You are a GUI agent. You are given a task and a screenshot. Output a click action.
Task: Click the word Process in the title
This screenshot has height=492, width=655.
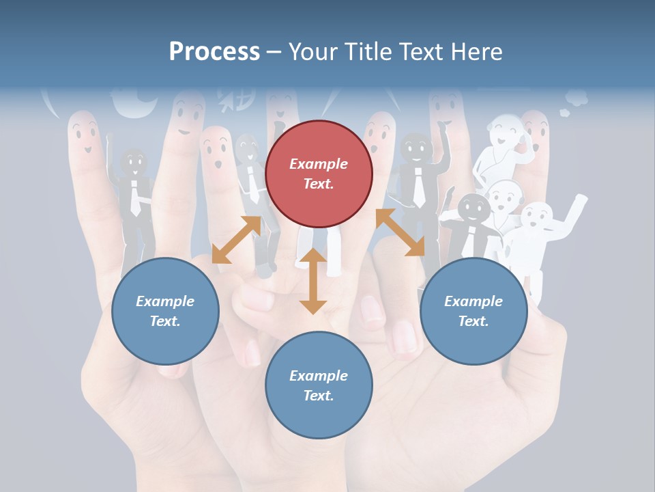(x=214, y=52)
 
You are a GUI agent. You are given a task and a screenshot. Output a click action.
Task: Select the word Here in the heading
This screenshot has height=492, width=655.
(x=476, y=52)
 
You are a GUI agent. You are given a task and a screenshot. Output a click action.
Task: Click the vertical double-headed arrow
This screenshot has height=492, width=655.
(x=313, y=281)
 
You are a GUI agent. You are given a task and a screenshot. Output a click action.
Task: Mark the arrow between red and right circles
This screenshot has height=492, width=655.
(x=400, y=232)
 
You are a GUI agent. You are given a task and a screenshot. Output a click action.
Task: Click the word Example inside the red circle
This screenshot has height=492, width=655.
(x=319, y=164)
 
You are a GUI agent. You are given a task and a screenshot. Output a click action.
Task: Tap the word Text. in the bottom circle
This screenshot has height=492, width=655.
(x=319, y=396)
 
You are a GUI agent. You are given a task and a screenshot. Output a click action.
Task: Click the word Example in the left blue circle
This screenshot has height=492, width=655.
(x=165, y=301)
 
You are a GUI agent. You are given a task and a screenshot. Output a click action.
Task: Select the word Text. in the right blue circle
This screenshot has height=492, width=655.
(x=474, y=321)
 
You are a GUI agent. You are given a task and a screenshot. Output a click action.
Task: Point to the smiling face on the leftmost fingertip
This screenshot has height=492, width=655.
(x=84, y=133)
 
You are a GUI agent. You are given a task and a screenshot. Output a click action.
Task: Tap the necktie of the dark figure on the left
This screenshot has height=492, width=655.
(x=135, y=198)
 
